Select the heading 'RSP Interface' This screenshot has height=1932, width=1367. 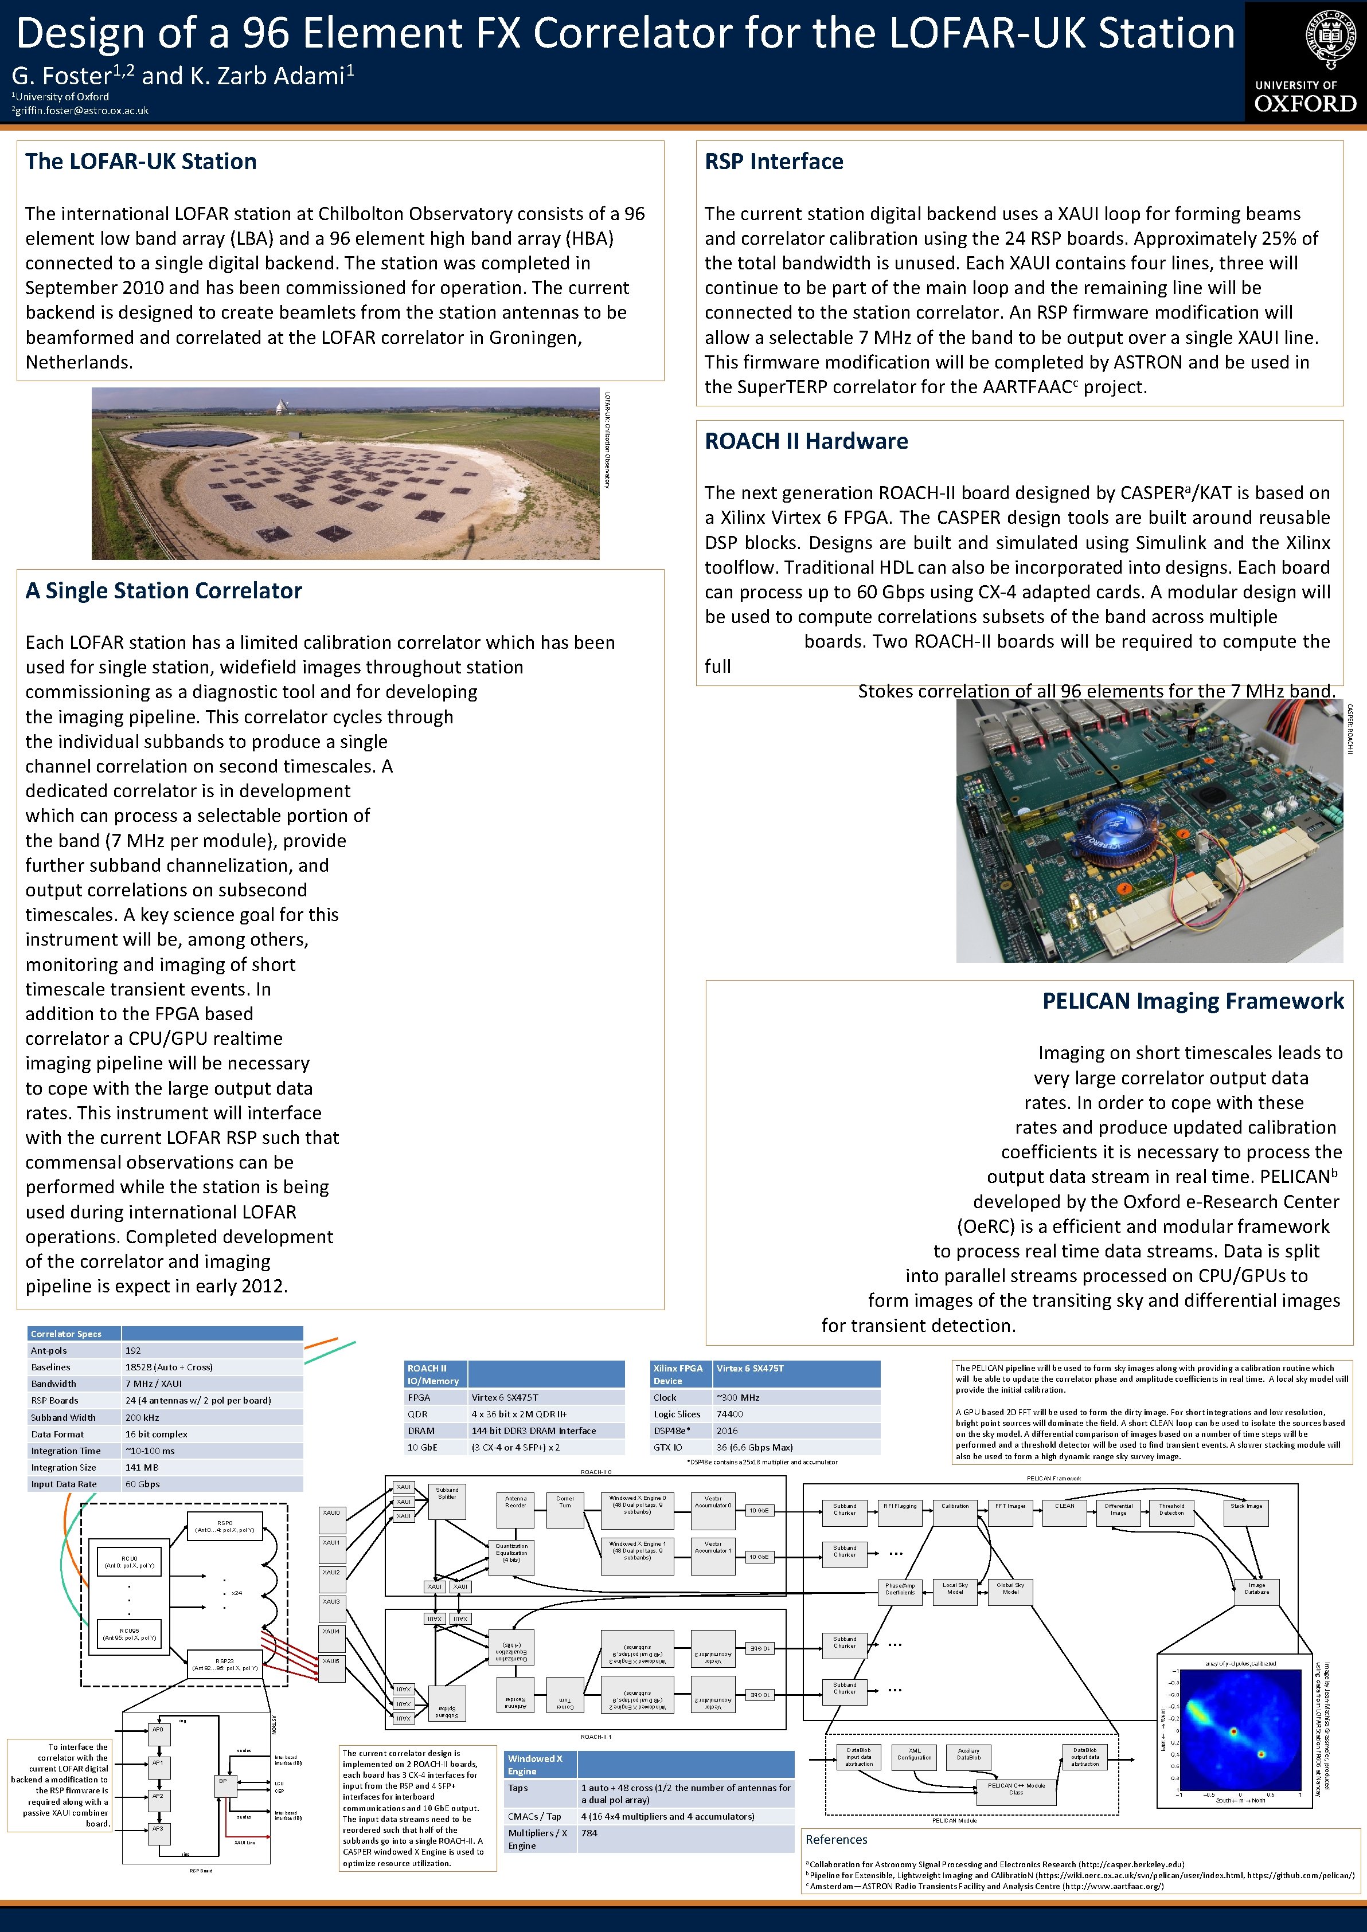click(774, 162)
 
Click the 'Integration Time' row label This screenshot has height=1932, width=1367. click(66, 1451)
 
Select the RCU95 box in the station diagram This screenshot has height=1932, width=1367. click(129, 1634)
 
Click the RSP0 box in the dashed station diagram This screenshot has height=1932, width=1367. click(225, 1526)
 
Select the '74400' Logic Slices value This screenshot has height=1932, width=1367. click(729, 1414)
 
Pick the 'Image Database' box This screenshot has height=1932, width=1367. click(1257, 1589)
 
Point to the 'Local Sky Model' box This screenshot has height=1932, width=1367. click(955, 1589)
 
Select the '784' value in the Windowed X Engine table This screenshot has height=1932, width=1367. click(589, 1833)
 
